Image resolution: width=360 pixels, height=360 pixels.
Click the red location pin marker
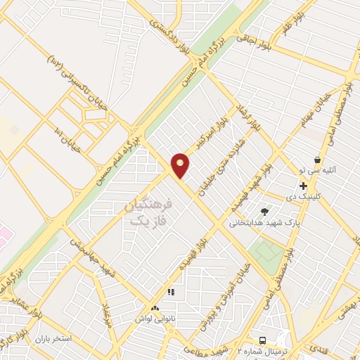[181, 165]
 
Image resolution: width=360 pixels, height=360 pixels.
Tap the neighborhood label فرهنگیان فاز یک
[148, 213]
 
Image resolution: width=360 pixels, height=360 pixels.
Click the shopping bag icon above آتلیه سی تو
[317, 160]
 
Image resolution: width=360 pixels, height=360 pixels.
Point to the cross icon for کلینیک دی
[303, 186]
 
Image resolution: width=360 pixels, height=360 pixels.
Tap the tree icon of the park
[264, 211]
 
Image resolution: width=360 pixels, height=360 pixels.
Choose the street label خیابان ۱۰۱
[68, 141]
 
